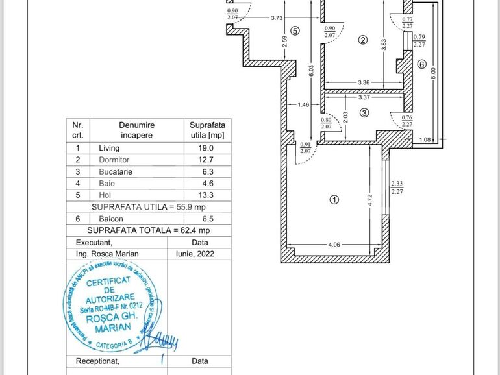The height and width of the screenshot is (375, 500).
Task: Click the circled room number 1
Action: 334,200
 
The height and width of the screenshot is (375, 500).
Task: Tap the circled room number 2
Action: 363,40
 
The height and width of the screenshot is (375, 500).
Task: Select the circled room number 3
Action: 364,113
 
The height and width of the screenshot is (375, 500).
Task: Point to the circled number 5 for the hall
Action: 295,30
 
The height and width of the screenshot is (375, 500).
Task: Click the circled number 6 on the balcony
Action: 421,64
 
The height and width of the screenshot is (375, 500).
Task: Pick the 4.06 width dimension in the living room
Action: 334,245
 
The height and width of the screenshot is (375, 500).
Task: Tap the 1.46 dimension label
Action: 303,104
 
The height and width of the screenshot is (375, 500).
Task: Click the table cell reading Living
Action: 109,148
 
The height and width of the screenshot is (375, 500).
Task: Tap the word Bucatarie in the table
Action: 114,171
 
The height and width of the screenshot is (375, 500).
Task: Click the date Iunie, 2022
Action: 200,254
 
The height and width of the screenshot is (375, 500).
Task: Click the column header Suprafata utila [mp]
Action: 206,130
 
